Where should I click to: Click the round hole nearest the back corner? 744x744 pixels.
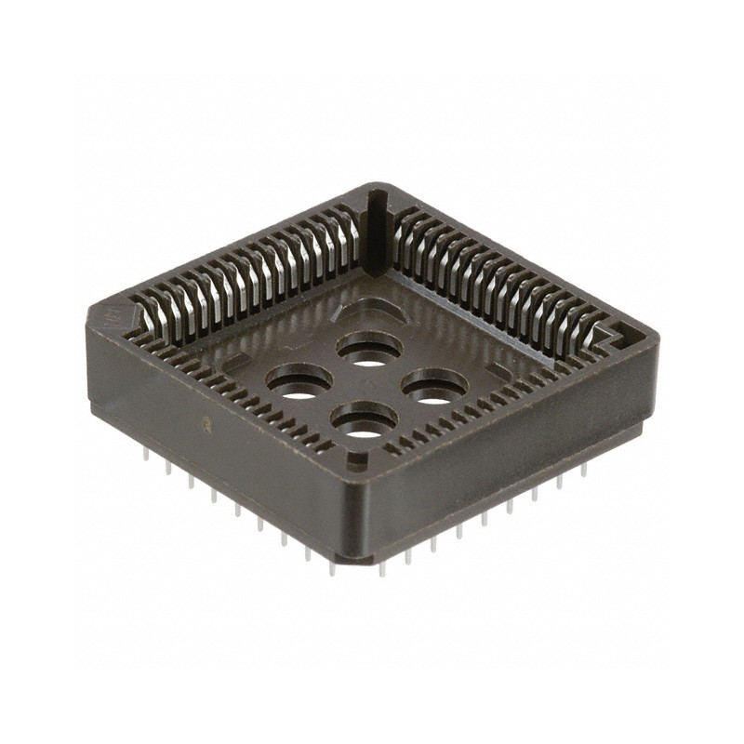[370, 351]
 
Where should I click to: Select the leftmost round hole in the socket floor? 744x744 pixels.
[299, 382]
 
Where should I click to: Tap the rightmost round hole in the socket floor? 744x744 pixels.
[434, 387]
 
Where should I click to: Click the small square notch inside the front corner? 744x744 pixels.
[354, 458]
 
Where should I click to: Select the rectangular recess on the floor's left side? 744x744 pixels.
[233, 358]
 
